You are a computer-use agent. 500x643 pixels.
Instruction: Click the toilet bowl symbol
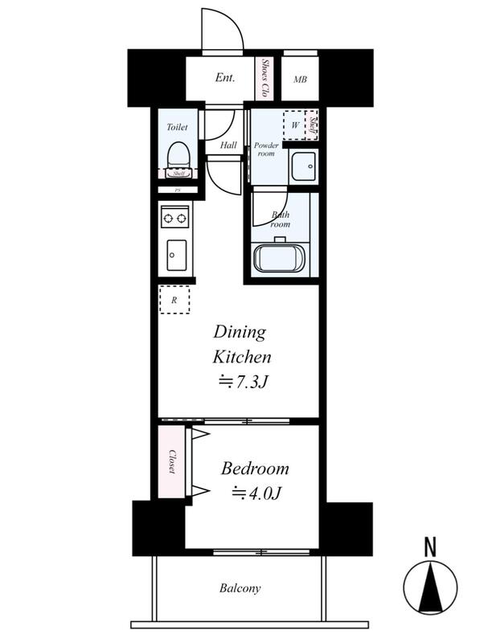pyautogui.click(x=178, y=155)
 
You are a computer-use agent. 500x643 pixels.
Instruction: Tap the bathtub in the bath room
pyautogui.click(x=279, y=257)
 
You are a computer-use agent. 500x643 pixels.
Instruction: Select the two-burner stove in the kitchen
pyautogui.click(x=175, y=217)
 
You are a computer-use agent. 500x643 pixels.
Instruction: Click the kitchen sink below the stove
pyautogui.click(x=176, y=255)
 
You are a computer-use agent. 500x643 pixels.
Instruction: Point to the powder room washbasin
pyautogui.click(x=304, y=166)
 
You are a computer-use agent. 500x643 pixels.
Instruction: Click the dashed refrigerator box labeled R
pyautogui.click(x=174, y=300)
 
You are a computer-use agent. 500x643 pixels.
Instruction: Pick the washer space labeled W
pyautogui.click(x=295, y=125)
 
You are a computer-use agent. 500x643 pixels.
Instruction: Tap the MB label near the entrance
pyautogui.click(x=301, y=79)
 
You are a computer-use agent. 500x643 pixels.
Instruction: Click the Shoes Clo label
pyautogui.click(x=265, y=77)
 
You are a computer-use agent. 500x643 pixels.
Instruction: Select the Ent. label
pyautogui.click(x=225, y=77)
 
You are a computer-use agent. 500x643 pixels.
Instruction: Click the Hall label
pyautogui.click(x=228, y=145)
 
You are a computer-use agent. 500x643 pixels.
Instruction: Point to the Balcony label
pyautogui.click(x=240, y=588)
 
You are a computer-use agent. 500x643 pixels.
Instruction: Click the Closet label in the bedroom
pyautogui.click(x=172, y=461)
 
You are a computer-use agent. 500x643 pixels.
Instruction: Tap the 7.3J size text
pyautogui.click(x=243, y=381)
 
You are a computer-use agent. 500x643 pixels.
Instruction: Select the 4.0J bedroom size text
pyautogui.click(x=256, y=493)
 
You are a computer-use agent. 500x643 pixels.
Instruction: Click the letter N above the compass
pyautogui.click(x=430, y=547)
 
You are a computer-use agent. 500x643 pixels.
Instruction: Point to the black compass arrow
pyautogui.click(x=430, y=588)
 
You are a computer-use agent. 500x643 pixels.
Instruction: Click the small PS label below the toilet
pyautogui.click(x=178, y=190)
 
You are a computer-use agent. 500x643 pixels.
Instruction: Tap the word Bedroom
pyautogui.click(x=255, y=469)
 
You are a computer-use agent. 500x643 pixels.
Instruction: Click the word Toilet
pyautogui.click(x=177, y=127)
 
